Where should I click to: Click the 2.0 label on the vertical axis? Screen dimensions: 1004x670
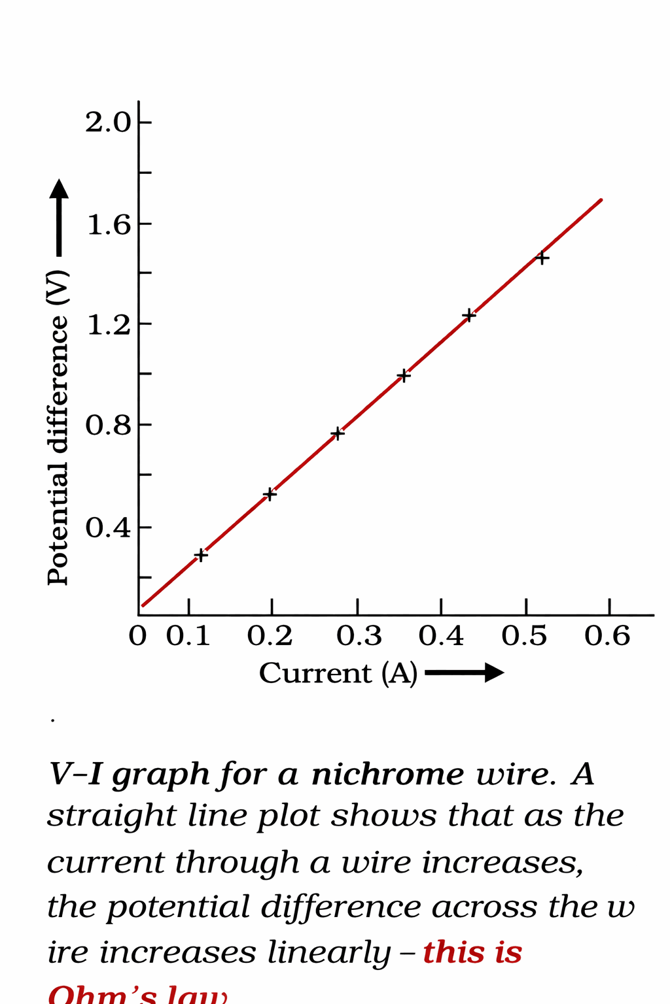coord(108,122)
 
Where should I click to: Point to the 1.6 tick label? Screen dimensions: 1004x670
coord(109,225)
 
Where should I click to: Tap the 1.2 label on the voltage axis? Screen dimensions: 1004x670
coord(109,325)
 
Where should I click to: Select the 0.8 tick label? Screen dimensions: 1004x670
coord(108,426)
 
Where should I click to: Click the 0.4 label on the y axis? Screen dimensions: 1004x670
coord(108,527)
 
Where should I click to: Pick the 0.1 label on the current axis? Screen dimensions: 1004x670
coord(188,636)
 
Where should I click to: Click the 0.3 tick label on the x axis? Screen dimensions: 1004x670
coord(359,636)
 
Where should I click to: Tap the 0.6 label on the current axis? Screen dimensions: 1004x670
coord(607,636)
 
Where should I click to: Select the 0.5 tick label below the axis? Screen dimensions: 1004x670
coord(524,636)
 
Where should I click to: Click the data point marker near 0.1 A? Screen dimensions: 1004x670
coord(201,555)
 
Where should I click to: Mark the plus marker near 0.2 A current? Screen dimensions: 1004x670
coord(270,494)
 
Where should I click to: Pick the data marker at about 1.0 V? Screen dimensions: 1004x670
coord(404,376)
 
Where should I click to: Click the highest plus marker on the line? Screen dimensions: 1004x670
coord(542,258)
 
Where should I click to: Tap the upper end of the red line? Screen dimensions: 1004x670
coord(600,200)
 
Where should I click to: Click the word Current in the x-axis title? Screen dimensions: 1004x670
coord(315,673)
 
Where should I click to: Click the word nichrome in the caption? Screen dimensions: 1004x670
coord(387,775)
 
